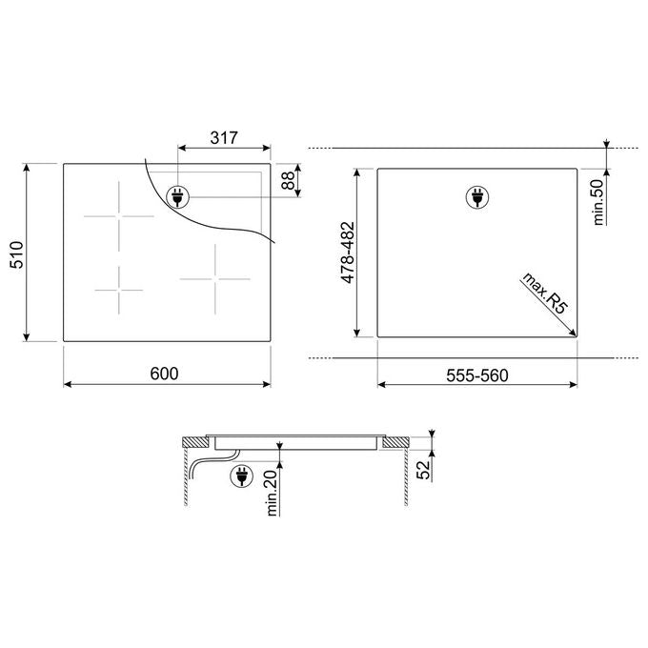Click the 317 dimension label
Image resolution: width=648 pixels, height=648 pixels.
pos(224,137)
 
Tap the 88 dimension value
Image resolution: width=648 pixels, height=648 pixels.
pos(288,180)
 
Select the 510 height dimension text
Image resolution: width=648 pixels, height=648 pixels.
pos(17,254)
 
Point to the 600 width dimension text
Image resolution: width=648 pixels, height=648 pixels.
pos(165,374)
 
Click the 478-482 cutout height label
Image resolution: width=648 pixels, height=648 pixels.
pos(348,253)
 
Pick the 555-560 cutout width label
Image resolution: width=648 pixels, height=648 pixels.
pos(477,375)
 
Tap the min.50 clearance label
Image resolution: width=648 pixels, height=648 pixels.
pos(598,202)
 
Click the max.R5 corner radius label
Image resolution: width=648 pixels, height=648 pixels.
pos(545,293)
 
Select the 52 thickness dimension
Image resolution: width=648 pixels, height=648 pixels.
pos(423,470)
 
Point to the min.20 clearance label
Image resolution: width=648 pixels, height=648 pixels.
pos(272,493)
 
